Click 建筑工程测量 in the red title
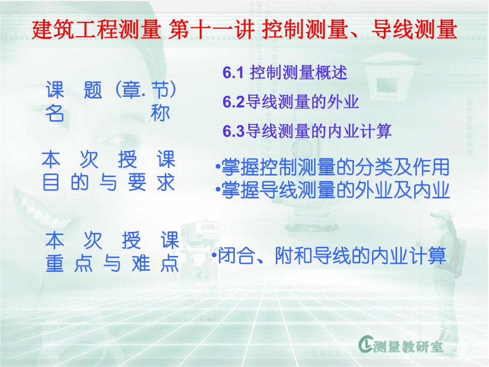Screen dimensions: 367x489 point(96,30)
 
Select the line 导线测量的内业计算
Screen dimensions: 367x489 point(318,131)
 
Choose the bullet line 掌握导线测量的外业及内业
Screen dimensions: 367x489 point(335,190)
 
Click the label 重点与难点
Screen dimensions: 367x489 point(112,264)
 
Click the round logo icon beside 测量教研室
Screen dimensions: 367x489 point(366,346)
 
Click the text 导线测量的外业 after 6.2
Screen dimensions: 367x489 point(302,102)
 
